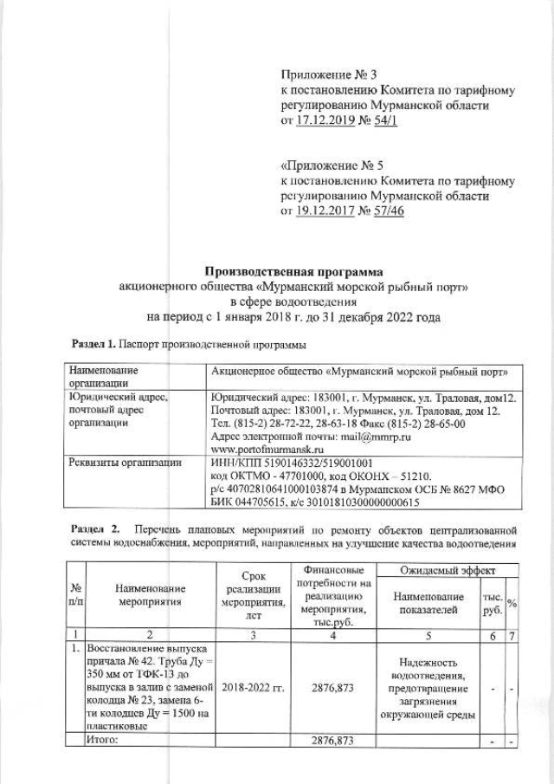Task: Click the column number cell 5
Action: (x=429, y=636)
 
